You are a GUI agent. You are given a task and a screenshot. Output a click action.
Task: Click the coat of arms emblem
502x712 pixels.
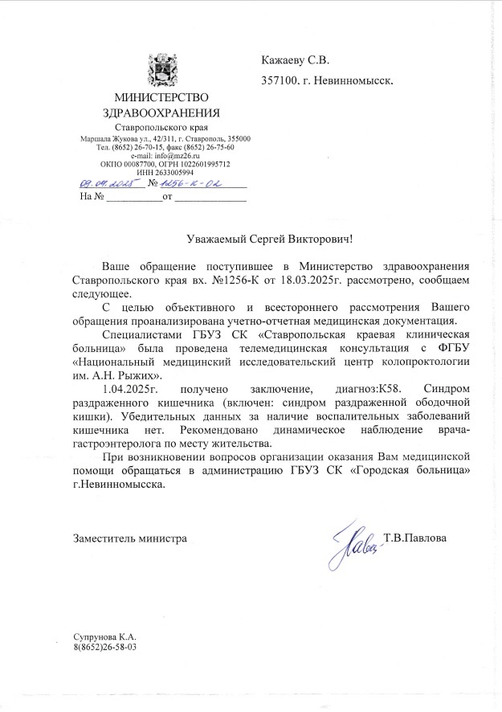pos(165,70)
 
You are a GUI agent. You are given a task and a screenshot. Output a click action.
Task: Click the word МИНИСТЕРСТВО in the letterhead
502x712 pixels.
pos(166,98)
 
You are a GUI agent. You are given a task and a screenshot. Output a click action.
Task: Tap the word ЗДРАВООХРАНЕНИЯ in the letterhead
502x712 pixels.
pos(166,113)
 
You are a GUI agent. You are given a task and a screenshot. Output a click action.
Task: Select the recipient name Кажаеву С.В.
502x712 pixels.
pos(296,60)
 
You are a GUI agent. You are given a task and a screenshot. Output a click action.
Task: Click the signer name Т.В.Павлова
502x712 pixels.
pos(414,537)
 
